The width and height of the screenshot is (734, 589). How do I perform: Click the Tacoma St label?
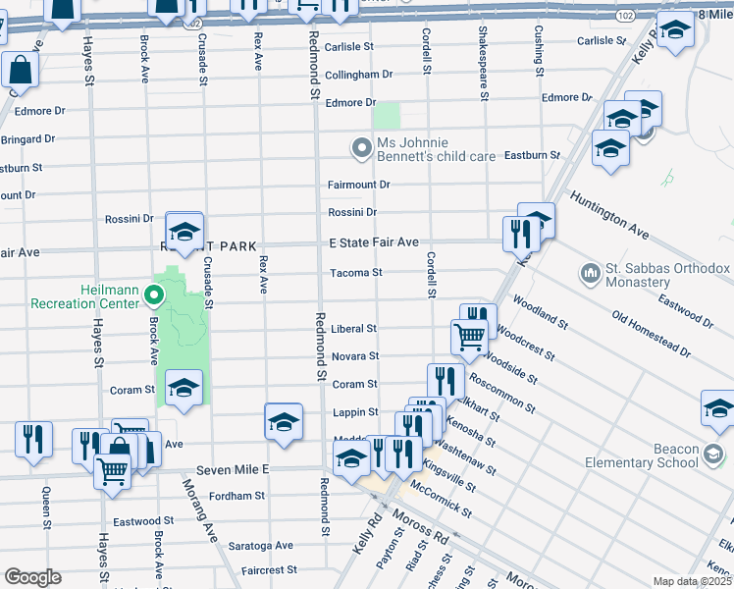point(354,273)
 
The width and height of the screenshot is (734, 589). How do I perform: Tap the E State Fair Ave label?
point(373,242)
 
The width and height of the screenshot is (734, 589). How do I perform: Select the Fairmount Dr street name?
point(358,185)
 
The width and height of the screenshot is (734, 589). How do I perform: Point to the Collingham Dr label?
point(358,75)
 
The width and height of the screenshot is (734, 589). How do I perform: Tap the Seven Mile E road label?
point(232,470)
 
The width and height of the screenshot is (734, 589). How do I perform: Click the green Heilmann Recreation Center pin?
point(152,294)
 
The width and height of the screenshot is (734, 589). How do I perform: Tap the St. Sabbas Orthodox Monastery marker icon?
point(590,271)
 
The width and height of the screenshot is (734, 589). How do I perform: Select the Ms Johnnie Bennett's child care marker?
point(362,150)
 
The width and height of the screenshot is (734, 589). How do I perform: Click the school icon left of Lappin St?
point(284,421)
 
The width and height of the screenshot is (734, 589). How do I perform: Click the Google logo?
point(32,577)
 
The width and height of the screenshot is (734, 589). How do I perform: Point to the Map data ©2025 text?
point(692,581)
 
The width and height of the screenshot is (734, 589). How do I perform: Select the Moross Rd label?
point(419,527)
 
